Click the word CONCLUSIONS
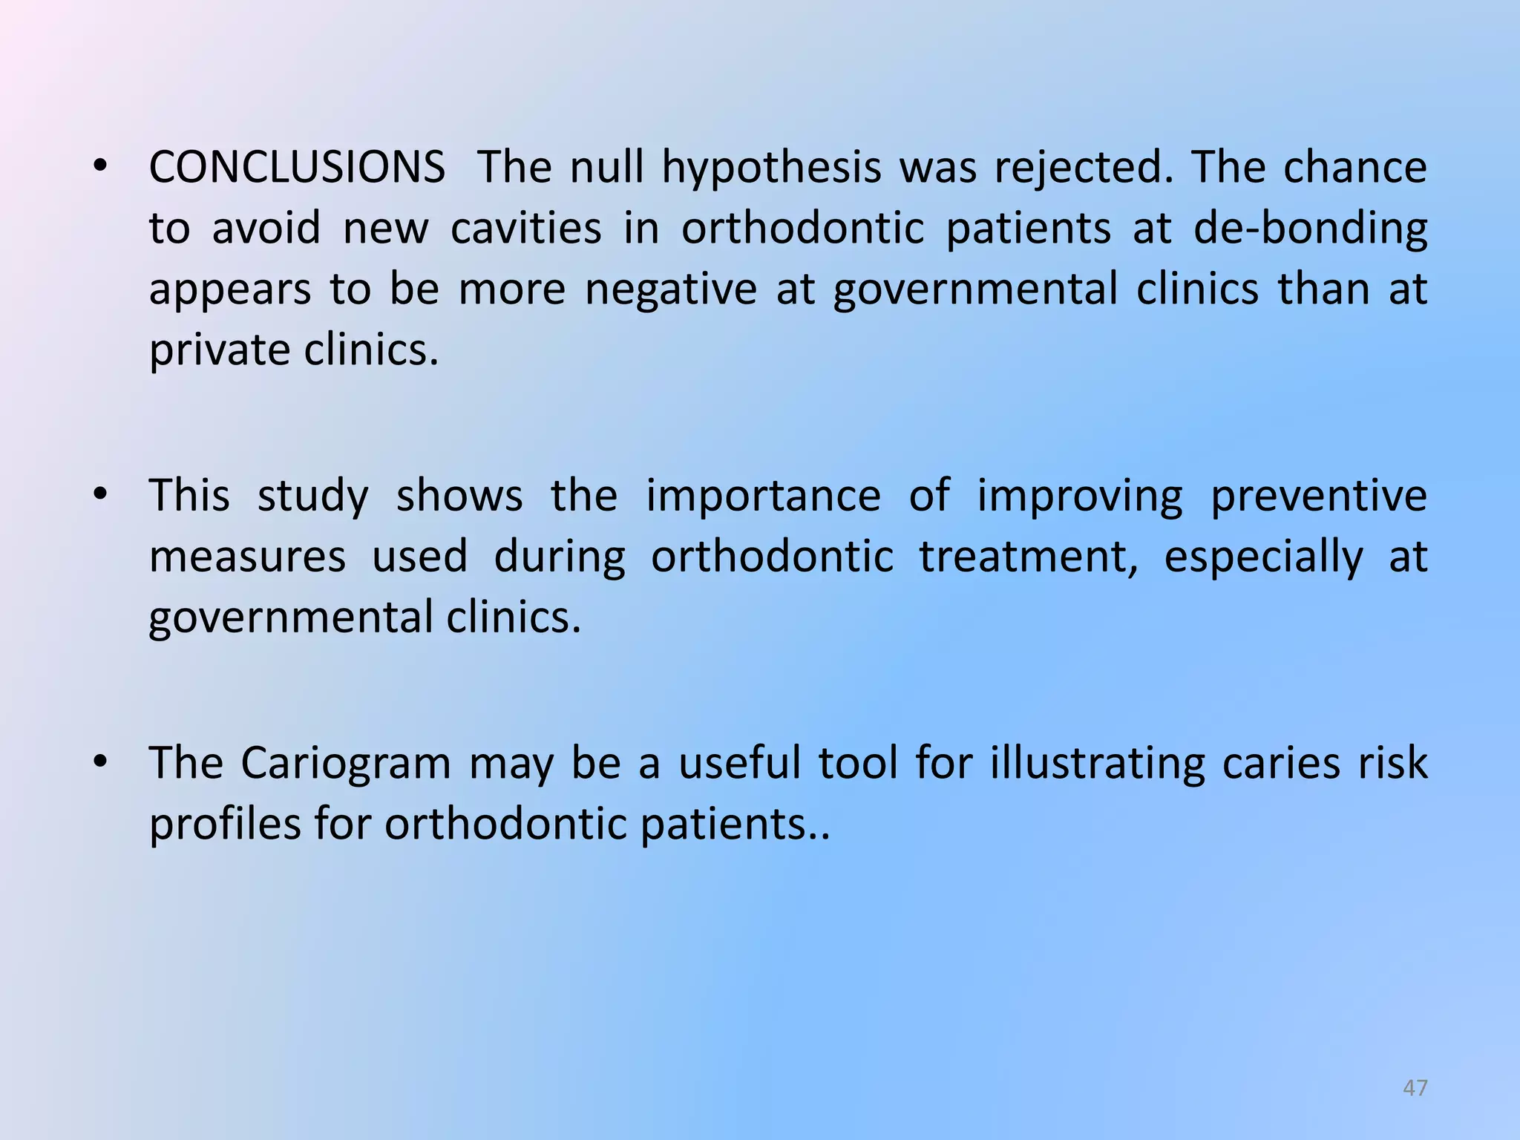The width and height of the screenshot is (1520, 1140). pyautogui.click(x=297, y=167)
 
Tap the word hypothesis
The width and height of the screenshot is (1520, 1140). pyautogui.click(x=771, y=168)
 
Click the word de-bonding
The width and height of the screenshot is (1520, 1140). pyautogui.click(x=1310, y=229)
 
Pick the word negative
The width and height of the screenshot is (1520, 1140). pyautogui.click(x=671, y=290)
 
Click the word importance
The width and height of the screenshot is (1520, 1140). pyautogui.click(x=763, y=497)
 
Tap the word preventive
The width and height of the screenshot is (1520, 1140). pyautogui.click(x=1319, y=497)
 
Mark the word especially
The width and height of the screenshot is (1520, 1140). pyautogui.click(x=1263, y=558)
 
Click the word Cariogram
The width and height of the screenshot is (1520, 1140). pyautogui.click(x=345, y=764)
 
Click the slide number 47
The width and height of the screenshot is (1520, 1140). pyautogui.click(x=1415, y=1088)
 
